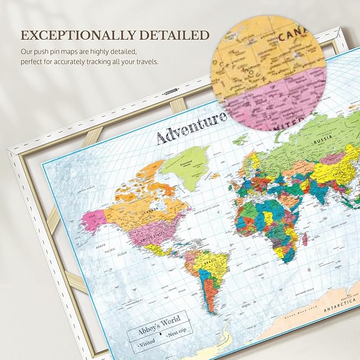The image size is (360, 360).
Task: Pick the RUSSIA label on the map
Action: tap(323, 142)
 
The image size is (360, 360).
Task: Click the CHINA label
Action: tap(335, 172)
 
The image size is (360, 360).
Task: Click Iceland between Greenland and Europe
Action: tap(214, 175)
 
